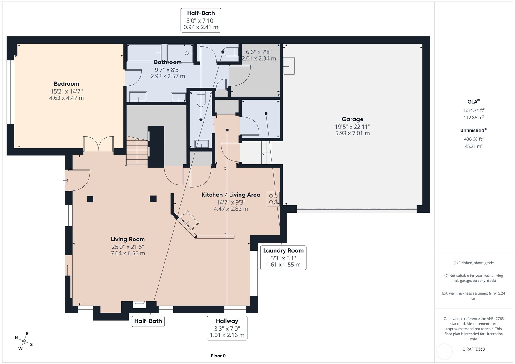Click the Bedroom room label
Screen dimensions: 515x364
click(x=66, y=84)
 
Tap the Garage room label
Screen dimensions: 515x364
click(x=352, y=119)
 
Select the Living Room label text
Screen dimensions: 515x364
click(x=128, y=239)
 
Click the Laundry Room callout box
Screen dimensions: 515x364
click(x=283, y=258)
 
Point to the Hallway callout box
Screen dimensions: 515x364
click(x=227, y=328)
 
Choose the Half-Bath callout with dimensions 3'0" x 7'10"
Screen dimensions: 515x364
click(x=201, y=20)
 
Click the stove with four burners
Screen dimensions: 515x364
click(x=273, y=199)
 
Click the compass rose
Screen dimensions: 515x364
click(x=24, y=341)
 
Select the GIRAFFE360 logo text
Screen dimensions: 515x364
click(x=474, y=349)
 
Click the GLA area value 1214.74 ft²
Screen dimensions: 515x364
click(x=474, y=110)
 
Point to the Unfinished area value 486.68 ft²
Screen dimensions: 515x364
click(x=474, y=139)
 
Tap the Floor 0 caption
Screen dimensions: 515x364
click(x=218, y=356)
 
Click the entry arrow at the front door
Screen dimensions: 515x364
click(x=66, y=180)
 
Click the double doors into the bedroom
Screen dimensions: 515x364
click(x=98, y=144)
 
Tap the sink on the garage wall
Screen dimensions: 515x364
click(x=289, y=66)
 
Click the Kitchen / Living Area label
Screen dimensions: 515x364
click(x=231, y=195)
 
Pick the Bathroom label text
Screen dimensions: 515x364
click(x=168, y=62)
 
